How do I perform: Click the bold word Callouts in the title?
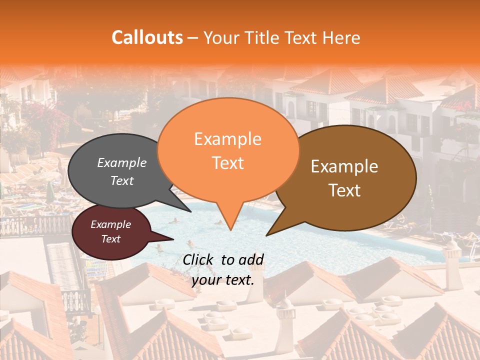coord(147,37)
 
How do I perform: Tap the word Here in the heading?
coord(341,37)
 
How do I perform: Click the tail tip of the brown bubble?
coord(266,235)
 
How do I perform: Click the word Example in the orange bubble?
coord(227,139)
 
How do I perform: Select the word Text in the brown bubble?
coord(345,190)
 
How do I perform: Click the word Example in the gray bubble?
coord(121,163)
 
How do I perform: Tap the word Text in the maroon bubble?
coord(110,239)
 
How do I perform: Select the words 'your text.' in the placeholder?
coord(222,280)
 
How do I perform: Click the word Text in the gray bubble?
coord(121,181)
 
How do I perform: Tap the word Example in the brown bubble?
coord(344,166)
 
